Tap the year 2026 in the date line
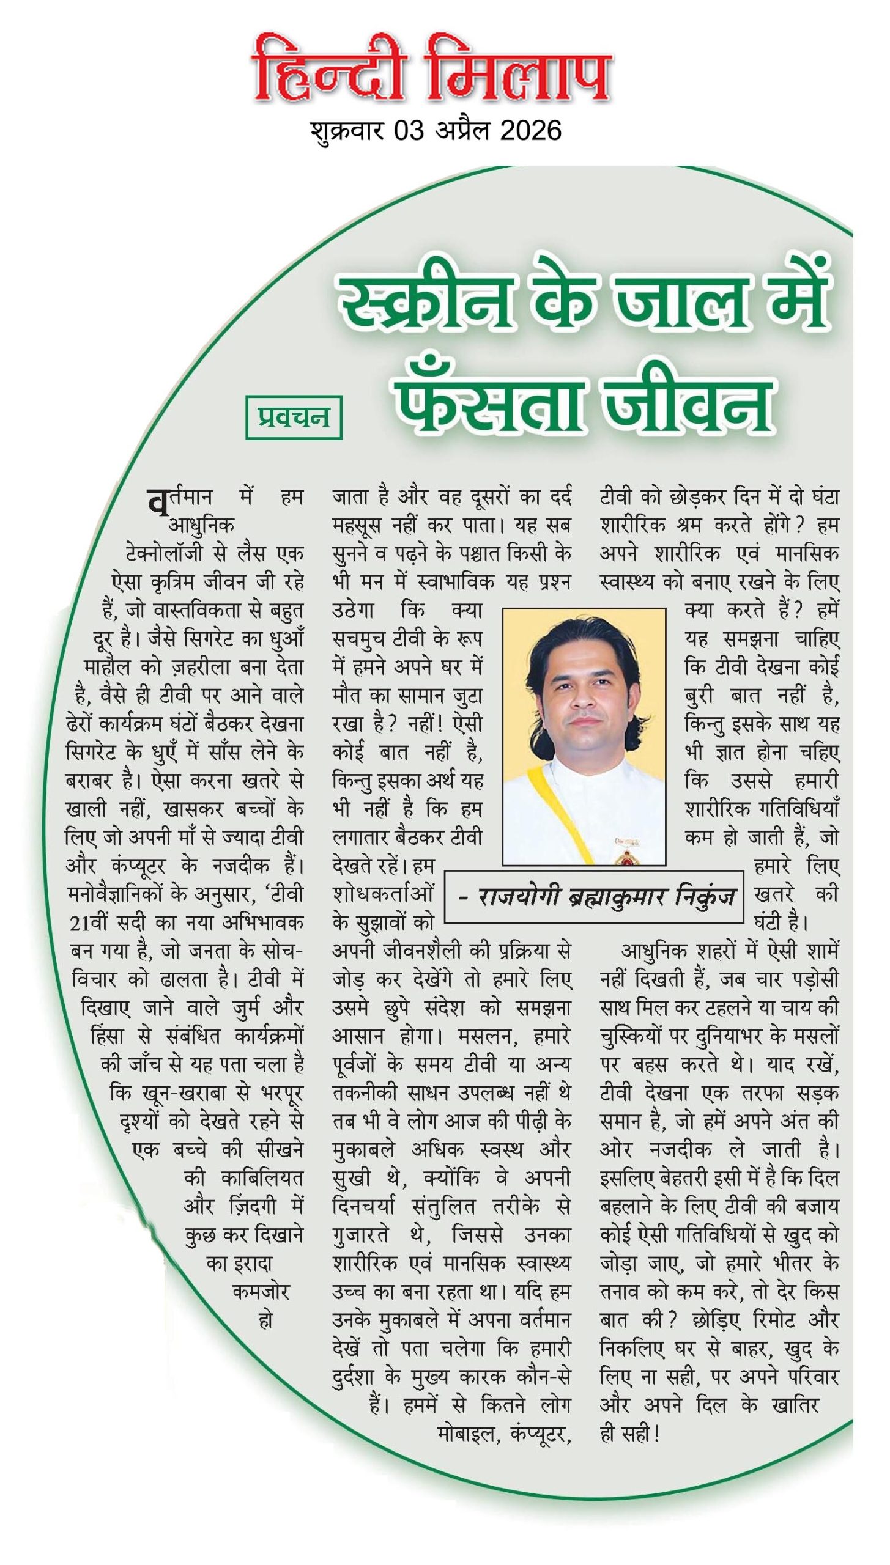click(530, 131)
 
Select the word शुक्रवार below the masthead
click(347, 131)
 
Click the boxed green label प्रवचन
click(294, 417)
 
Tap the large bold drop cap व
click(157, 502)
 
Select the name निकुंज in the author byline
click(705, 896)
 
